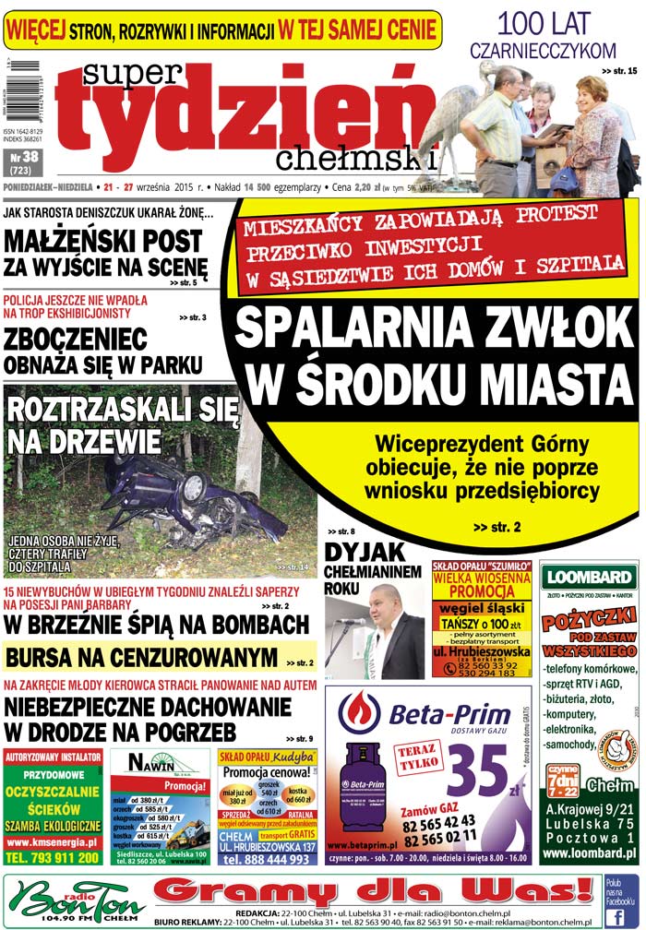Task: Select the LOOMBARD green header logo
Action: click(589, 579)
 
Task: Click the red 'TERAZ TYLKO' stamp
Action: click(420, 735)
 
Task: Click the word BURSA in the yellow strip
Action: click(47, 657)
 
